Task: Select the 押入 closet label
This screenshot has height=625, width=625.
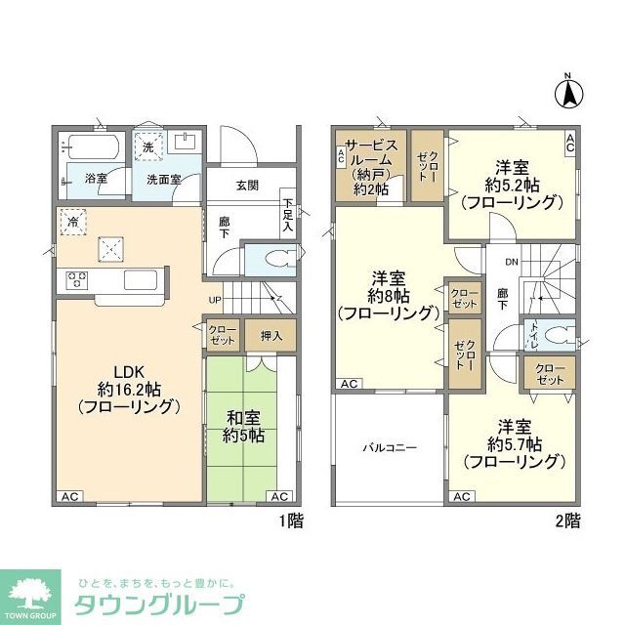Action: (x=271, y=335)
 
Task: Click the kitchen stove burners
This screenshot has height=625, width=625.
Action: (x=77, y=280)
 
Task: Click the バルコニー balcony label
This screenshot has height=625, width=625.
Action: (x=391, y=448)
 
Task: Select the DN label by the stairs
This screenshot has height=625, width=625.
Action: (x=511, y=262)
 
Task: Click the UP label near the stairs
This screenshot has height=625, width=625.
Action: (x=213, y=299)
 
